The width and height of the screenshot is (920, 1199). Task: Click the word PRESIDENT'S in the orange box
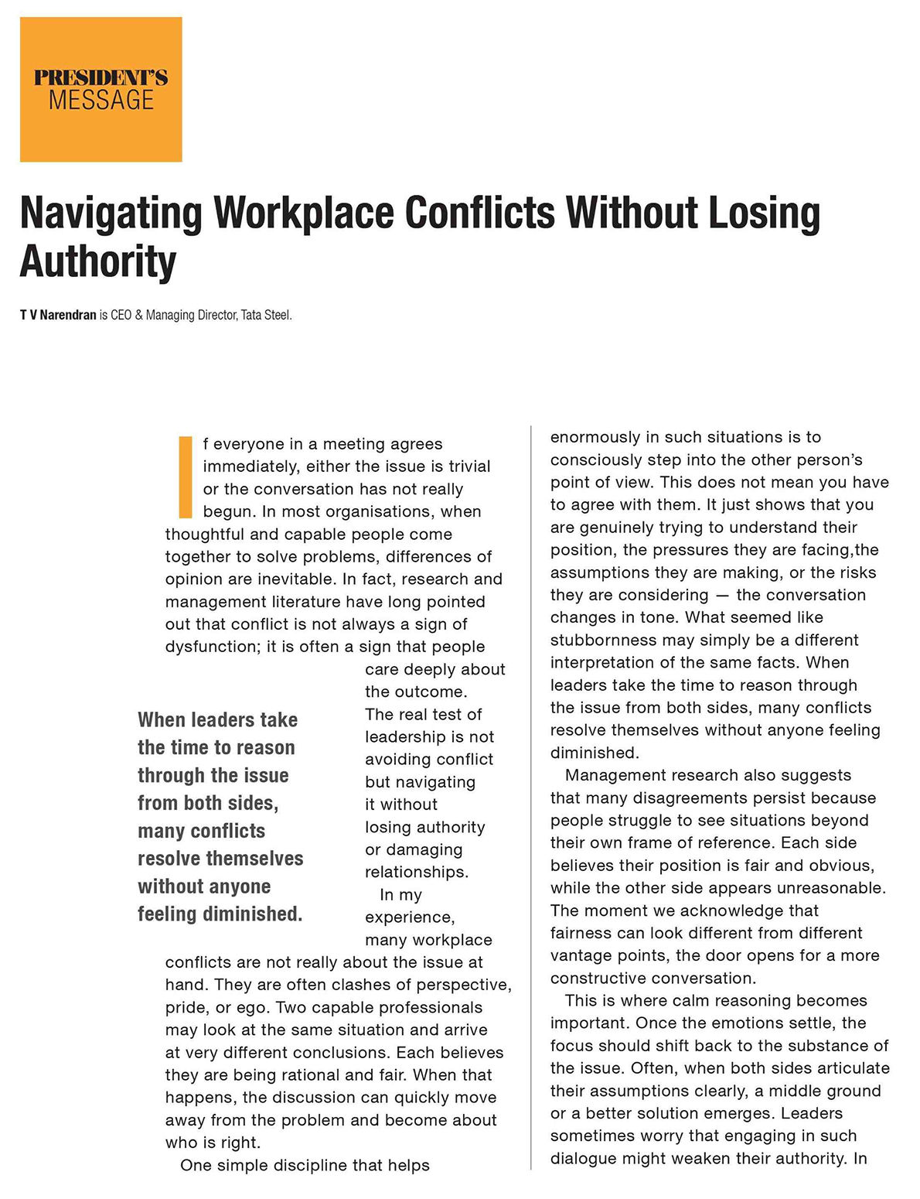click(x=101, y=77)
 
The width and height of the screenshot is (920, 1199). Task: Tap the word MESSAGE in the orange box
click(x=101, y=101)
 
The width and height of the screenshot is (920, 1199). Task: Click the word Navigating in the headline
click(x=110, y=213)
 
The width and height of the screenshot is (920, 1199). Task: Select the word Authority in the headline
click(x=98, y=261)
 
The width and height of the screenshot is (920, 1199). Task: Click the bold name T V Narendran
click(x=58, y=315)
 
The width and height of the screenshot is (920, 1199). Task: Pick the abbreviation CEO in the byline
click(x=121, y=315)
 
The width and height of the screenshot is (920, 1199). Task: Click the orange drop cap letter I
click(x=185, y=477)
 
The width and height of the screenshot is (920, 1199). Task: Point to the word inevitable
click(x=296, y=579)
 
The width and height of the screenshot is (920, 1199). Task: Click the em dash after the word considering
click(x=722, y=596)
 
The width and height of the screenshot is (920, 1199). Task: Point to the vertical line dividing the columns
click(x=531, y=797)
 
